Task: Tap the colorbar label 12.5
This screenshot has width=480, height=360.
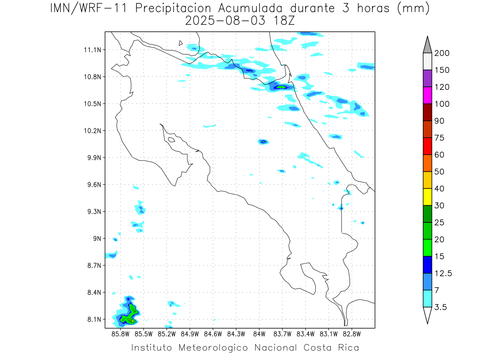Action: (443, 274)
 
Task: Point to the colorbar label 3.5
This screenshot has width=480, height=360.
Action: (440, 307)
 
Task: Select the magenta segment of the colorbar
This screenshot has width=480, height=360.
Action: (427, 95)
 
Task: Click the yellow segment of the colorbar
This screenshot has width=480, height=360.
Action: (427, 197)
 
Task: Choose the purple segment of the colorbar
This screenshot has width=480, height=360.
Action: (427, 78)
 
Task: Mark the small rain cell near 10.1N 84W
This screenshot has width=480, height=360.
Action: (263, 142)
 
